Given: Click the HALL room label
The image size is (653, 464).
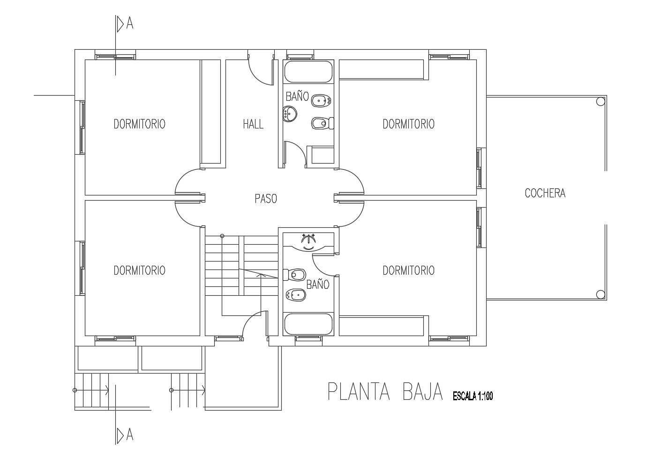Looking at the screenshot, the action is [x=253, y=124].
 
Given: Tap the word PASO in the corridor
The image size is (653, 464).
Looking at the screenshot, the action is [x=266, y=199].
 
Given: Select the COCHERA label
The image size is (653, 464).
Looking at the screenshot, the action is [x=545, y=193].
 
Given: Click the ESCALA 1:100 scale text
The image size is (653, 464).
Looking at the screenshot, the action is [x=473, y=396].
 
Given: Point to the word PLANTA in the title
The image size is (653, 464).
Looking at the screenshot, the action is [x=359, y=392].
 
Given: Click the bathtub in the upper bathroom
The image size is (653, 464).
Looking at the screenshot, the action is [x=308, y=72].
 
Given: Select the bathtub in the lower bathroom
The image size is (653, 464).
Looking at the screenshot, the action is [x=308, y=324].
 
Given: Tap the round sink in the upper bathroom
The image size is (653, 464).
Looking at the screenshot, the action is [x=290, y=114].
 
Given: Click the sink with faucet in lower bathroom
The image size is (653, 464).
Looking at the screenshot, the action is [x=308, y=242].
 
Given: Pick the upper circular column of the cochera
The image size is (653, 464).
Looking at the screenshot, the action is [x=600, y=101].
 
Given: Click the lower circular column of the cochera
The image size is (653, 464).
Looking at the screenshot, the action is [x=600, y=295].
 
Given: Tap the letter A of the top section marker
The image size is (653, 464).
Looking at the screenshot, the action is [x=130, y=24].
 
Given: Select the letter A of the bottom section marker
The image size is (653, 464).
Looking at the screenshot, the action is [x=130, y=435].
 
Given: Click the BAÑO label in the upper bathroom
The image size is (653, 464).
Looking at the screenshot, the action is [x=297, y=96].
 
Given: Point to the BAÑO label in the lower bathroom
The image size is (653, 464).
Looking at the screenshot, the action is [x=318, y=284].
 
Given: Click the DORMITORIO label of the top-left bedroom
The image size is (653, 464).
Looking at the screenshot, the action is [x=139, y=124].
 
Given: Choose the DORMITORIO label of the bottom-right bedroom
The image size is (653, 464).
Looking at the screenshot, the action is [x=408, y=270].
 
